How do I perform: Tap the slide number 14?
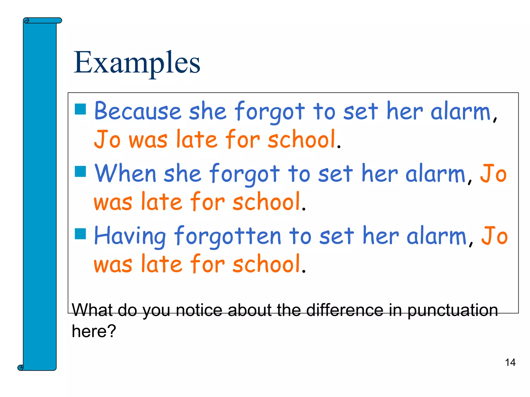click(510, 362)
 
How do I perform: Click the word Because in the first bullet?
click(137, 111)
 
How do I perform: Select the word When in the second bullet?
click(125, 173)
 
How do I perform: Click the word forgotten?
click(227, 236)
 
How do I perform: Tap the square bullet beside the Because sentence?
click(80, 109)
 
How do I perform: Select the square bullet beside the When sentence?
click(80, 171)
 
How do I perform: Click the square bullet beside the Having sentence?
click(80, 234)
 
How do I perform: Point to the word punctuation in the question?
click(453, 310)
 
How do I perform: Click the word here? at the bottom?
click(94, 331)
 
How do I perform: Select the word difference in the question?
click(344, 310)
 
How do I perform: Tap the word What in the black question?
click(92, 310)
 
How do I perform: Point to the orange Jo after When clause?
click(493, 173)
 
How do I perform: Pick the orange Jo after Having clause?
click(494, 236)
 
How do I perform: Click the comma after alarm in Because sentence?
click(495, 119)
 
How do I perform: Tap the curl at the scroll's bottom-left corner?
click(20, 367)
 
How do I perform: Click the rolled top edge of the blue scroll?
click(43, 20)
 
